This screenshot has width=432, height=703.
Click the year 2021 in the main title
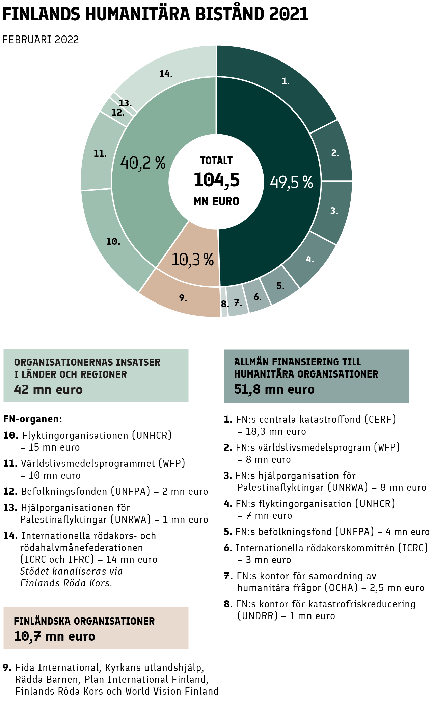pyautogui.click(x=289, y=14)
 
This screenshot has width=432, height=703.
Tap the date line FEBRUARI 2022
pyautogui.click(x=40, y=40)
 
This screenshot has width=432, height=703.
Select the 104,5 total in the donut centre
pyautogui.click(x=216, y=179)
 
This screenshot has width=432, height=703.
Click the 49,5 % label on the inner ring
pyautogui.click(x=291, y=182)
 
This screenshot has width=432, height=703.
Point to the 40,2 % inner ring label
pyautogui.click(x=143, y=163)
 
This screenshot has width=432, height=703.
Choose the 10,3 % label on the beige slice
pyautogui.click(x=193, y=260)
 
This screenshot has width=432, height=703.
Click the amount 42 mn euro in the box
pyautogui.click(x=48, y=390)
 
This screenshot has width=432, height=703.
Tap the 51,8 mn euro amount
pyautogui.click(x=274, y=389)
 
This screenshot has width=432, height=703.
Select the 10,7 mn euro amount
pyautogui.click(x=54, y=636)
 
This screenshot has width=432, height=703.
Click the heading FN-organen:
pyautogui.click(x=33, y=419)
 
